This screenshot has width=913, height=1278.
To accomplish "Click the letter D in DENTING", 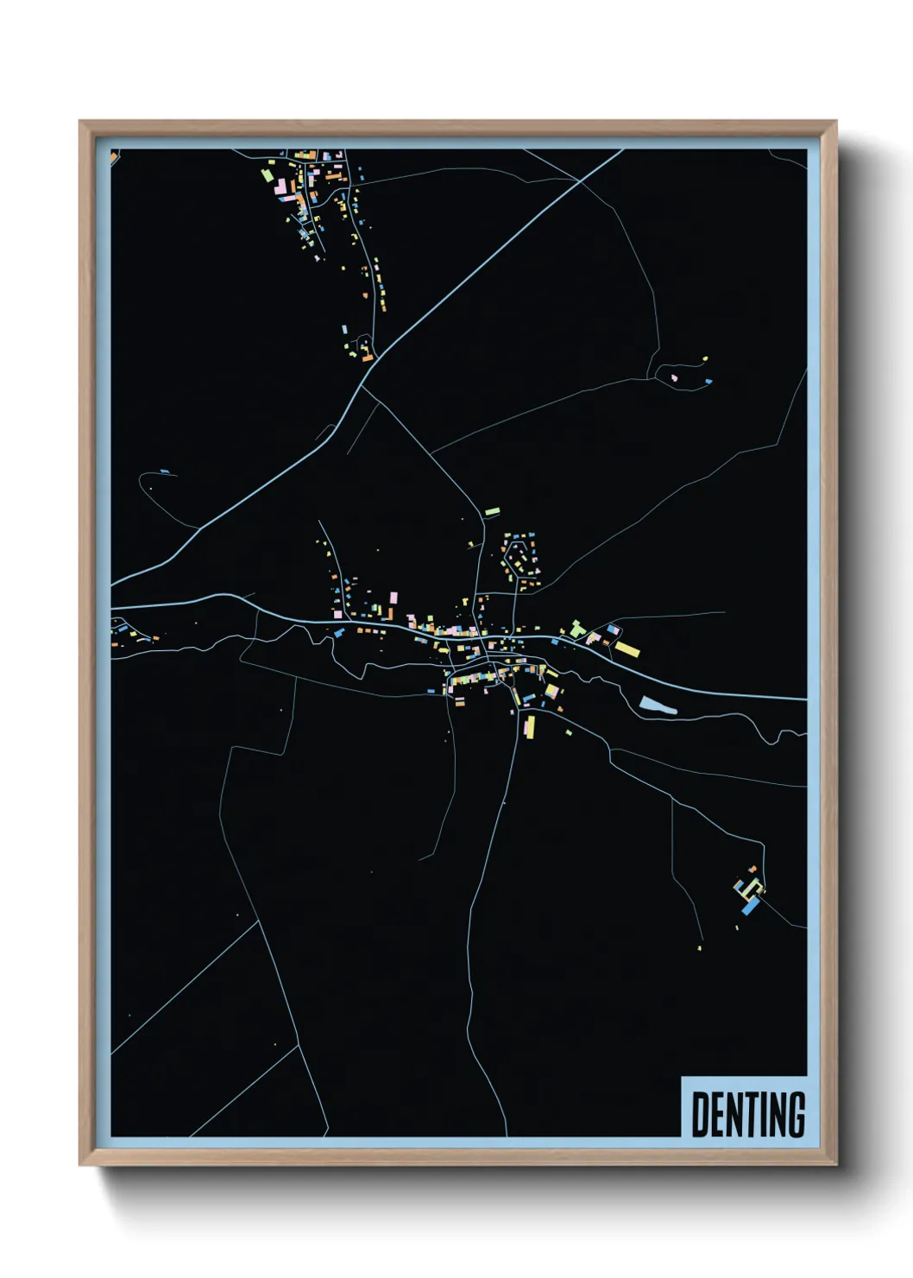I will pos(700,1115).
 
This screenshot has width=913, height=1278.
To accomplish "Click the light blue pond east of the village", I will pos(658,705).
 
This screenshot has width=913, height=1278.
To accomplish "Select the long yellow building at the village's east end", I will pos(627,648).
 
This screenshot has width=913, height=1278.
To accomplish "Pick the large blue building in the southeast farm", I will pos(751,906).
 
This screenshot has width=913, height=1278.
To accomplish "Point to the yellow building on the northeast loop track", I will pos(705,358).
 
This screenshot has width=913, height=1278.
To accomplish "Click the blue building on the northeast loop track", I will pos(708,381).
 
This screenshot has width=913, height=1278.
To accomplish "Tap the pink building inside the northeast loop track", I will pos(674,377).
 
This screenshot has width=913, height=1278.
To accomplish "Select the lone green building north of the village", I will pos(492,512).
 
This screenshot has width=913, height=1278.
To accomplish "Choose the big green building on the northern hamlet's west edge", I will pos(267,174).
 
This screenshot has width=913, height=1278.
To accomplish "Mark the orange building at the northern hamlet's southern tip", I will pos(367,356).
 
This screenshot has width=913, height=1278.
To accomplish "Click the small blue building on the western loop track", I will pos(165,472).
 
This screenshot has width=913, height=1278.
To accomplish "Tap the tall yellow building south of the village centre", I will pos(530,727).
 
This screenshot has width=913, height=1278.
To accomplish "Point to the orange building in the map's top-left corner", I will pos(114,157).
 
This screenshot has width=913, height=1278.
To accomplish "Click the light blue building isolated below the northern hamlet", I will pos(344,330).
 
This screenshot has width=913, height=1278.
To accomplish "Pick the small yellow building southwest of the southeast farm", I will pos(699,948).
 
